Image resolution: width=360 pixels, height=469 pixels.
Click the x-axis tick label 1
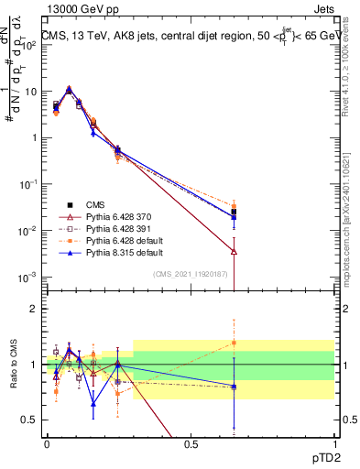333,444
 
